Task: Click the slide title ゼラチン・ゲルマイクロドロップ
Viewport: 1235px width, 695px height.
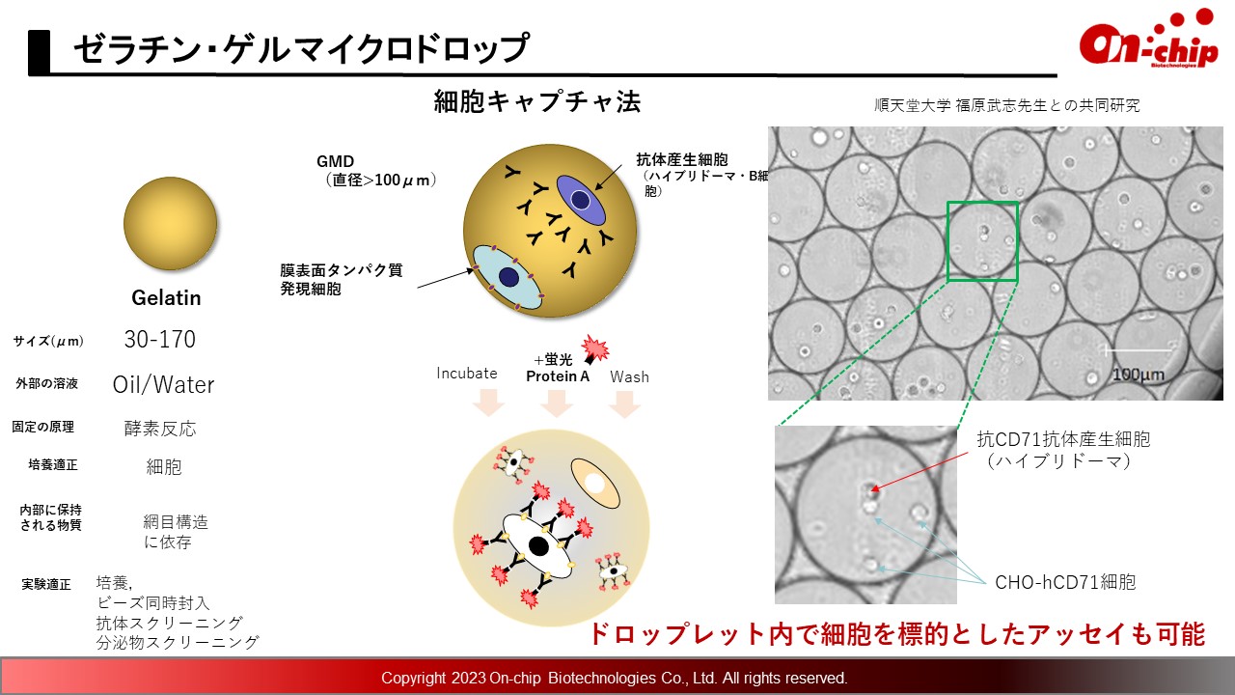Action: coord(301,48)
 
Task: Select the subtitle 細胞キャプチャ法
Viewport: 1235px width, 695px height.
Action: coord(537,101)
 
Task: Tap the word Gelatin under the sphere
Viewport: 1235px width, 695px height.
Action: coord(166,298)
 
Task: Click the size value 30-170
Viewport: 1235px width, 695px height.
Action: coord(160,339)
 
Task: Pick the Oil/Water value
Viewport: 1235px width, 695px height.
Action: coord(163,384)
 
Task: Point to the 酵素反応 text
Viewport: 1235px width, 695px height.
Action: coord(160,429)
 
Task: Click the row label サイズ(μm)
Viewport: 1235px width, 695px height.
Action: coord(48,342)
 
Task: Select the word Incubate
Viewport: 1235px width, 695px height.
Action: coord(466,374)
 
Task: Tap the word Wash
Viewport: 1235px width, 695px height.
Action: coord(629,376)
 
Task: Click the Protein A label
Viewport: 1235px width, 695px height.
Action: coord(558,376)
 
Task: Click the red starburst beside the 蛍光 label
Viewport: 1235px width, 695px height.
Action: coord(595,348)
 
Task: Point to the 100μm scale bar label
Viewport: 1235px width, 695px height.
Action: coord(1138,375)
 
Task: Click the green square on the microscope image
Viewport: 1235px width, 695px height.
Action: coord(982,203)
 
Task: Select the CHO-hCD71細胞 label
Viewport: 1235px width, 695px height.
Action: coord(1065,582)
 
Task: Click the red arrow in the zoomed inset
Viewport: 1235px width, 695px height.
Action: coord(919,471)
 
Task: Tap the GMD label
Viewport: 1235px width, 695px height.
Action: coord(335,161)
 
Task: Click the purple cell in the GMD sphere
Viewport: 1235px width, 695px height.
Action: coord(581,200)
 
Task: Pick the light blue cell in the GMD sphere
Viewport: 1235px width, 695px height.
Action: coord(508,277)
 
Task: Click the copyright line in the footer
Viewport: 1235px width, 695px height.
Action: coord(615,678)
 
